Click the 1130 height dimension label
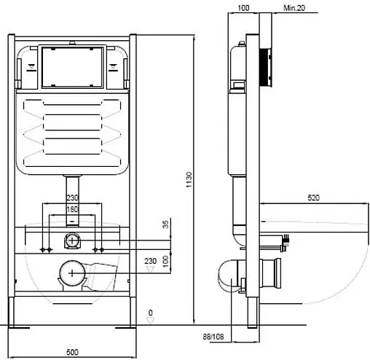pos(189,180)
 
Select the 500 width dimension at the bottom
pos(72,352)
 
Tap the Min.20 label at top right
pos(294,8)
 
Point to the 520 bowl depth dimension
pos(313,197)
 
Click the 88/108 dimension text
pos(213,337)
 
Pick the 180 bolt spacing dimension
pos(72,209)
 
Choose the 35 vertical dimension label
pos(165,224)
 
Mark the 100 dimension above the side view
pos(243,8)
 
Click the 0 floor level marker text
pos(151,313)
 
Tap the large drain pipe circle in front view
pos(72,273)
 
